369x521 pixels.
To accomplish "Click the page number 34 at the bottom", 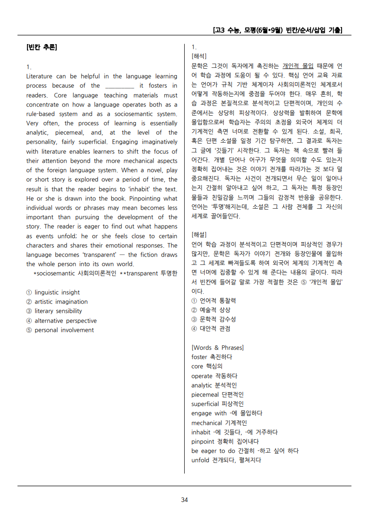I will coord(184,500).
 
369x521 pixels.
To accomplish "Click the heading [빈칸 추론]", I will coord(42,47).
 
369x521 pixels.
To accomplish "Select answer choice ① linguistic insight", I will coord(53,292).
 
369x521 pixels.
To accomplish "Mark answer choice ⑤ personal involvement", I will coord(60,330).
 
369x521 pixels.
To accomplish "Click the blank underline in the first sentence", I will coord(120,86).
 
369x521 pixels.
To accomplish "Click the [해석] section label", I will coord(199,56).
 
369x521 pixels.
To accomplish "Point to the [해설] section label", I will coord(199,234).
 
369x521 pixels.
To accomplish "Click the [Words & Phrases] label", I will coord(217,348).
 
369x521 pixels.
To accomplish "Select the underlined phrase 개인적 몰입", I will coord(298,66).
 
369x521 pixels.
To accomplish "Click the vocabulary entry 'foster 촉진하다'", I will coord(212,357).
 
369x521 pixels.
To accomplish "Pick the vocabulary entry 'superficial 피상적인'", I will coord(217,404).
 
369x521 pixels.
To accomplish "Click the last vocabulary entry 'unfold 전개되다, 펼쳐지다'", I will coord(226,460).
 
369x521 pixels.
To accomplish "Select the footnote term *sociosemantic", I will coord(55,273).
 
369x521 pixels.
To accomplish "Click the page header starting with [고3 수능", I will coord(277,30).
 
